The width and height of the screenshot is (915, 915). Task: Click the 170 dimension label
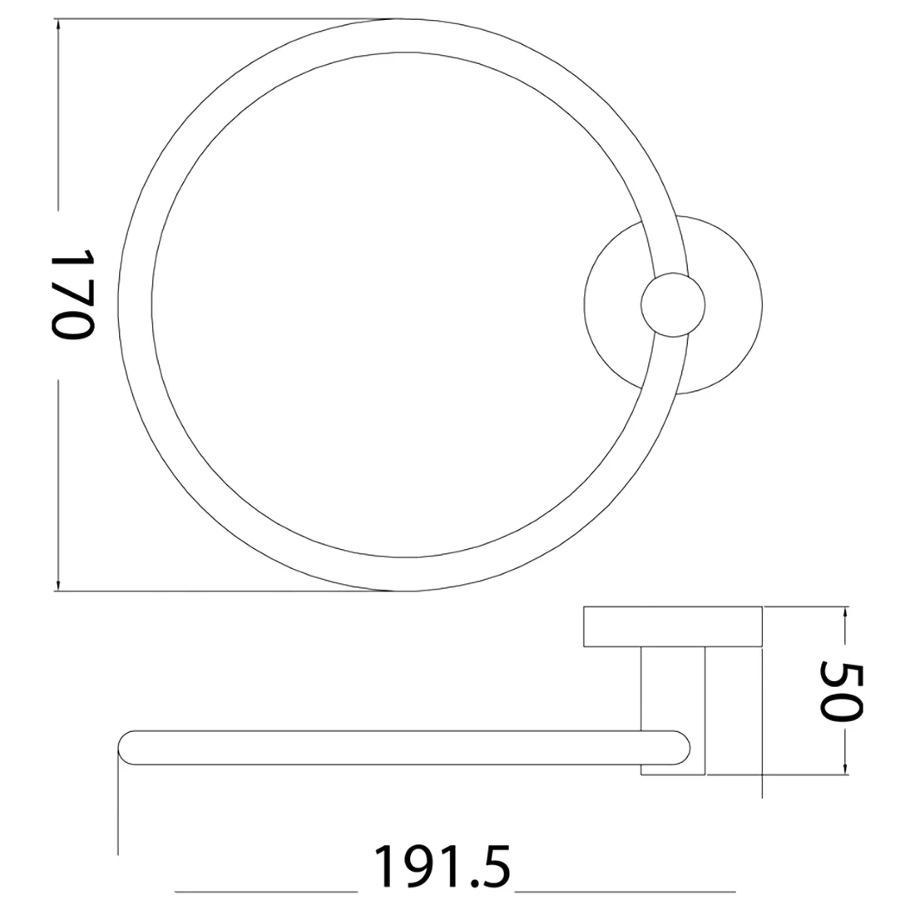(x=72, y=294)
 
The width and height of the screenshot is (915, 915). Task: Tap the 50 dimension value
(x=841, y=690)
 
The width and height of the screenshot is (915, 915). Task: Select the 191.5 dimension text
(x=442, y=867)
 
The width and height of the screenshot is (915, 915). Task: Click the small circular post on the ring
(x=673, y=304)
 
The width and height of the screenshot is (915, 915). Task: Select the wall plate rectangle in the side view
(x=673, y=626)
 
